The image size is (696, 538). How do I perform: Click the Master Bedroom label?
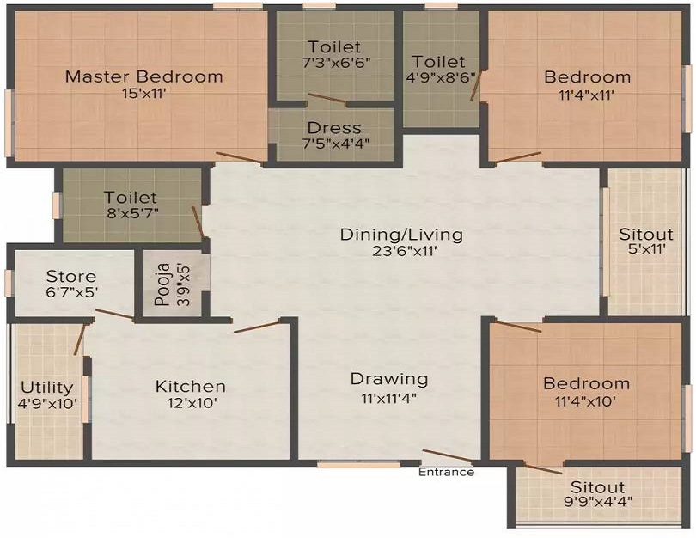pos(143,76)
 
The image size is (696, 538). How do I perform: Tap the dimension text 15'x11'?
pos(143,94)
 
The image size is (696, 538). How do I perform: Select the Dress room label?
pos(334,128)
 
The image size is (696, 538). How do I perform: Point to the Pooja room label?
pos(163,284)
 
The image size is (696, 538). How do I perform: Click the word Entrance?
pos(446,472)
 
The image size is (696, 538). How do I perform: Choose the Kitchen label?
pos(191,386)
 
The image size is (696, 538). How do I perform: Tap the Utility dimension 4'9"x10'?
pos(47,404)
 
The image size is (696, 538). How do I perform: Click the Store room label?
pos(71,276)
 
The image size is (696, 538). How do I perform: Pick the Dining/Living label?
pos(401,235)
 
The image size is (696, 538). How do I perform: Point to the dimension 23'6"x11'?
pos(401,251)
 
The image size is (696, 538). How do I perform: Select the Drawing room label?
pos(389,379)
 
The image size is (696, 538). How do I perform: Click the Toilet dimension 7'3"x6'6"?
pos(335,62)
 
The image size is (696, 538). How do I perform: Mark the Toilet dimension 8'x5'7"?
pos(132,212)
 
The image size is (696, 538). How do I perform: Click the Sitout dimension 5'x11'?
pos(646,248)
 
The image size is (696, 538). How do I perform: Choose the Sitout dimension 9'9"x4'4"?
pos(596,502)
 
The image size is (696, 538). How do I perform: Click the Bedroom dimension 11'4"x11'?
pos(586,95)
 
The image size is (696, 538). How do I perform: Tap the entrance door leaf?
pos(449,455)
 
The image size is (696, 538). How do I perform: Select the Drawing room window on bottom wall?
pos(358,465)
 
